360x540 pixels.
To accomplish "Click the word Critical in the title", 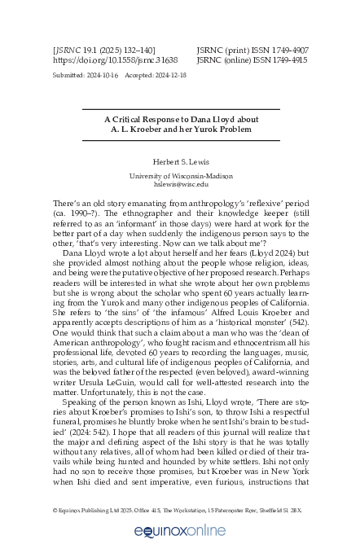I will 133,118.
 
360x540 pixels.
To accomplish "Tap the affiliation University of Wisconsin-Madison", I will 180,176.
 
